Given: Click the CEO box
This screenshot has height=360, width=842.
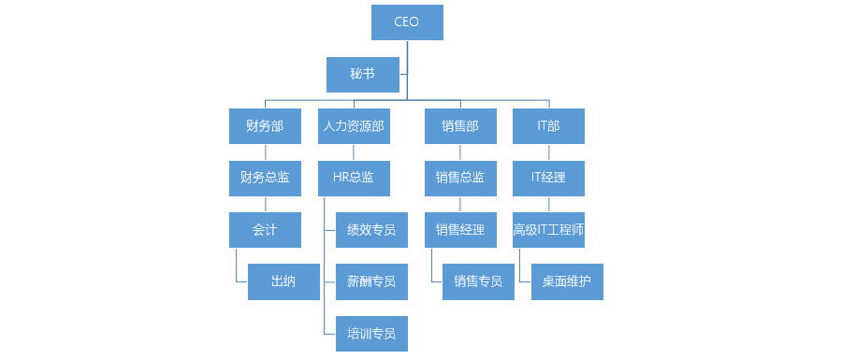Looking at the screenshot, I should (407, 22).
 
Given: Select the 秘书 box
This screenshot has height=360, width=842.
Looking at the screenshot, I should (363, 74).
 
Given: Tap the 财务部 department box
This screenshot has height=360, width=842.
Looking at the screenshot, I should (265, 126).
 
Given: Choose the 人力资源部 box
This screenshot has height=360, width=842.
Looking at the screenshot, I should (353, 126).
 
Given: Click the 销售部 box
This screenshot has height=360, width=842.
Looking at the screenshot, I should (459, 126).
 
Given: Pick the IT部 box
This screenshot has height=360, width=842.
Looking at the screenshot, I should (548, 126).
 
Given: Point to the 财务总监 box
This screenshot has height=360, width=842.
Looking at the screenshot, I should (265, 178).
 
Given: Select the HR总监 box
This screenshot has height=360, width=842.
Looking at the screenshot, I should (353, 178).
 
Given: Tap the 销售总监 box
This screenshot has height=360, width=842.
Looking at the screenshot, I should (459, 178).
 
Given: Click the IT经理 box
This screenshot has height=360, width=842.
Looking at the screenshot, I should (548, 178).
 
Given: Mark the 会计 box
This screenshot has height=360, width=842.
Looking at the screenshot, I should (265, 230).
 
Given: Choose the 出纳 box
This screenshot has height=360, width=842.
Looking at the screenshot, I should (283, 281).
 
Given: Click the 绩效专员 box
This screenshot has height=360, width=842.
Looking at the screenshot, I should (371, 230).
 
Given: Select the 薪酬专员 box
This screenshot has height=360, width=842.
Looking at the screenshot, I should (371, 281).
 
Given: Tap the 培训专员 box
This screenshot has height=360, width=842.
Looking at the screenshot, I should (371, 334).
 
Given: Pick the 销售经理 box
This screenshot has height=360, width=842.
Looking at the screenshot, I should (459, 230).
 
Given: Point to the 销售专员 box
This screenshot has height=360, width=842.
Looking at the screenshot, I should (478, 281).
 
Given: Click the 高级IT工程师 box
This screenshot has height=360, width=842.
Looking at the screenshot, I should (548, 230).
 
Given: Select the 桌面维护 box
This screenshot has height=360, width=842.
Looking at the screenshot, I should (567, 281).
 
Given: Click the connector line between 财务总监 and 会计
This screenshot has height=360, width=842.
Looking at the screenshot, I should (265, 204).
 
